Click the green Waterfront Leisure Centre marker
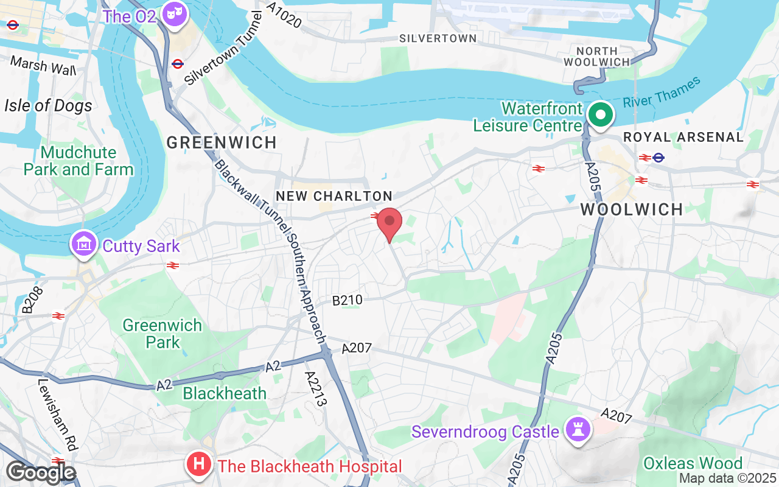[x=601, y=115]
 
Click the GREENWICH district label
[x=222, y=142]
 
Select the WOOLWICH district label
[x=632, y=210]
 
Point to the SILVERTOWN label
[x=438, y=38]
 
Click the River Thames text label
[x=662, y=94]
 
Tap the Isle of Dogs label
[x=48, y=105]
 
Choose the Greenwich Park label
[x=162, y=334]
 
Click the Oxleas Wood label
[x=693, y=463]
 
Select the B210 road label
[x=348, y=300]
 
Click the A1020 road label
[x=284, y=14]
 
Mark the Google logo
[x=41, y=473]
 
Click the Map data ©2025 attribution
[x=727, y=478]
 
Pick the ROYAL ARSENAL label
[x=683, y=137]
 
